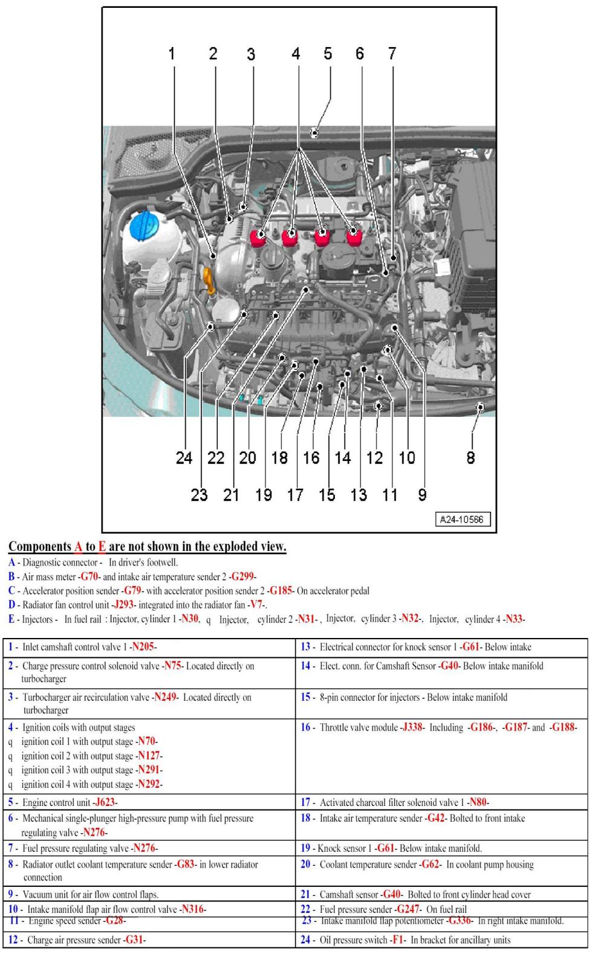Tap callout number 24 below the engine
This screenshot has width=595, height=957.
tap(184, 458)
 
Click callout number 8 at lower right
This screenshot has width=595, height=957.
tap(470, 458)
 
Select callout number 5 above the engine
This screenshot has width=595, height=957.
tap(327, 54)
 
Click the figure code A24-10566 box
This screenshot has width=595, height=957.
tap(462, 519)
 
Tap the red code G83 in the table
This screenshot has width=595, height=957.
tap(185, 864)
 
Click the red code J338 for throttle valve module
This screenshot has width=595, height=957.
tap(412, 727)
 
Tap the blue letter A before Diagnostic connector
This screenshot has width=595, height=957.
tap(11, 562)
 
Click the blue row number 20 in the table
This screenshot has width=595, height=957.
tap(306, 864)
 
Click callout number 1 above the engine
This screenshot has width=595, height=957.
tap(172, 54)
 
